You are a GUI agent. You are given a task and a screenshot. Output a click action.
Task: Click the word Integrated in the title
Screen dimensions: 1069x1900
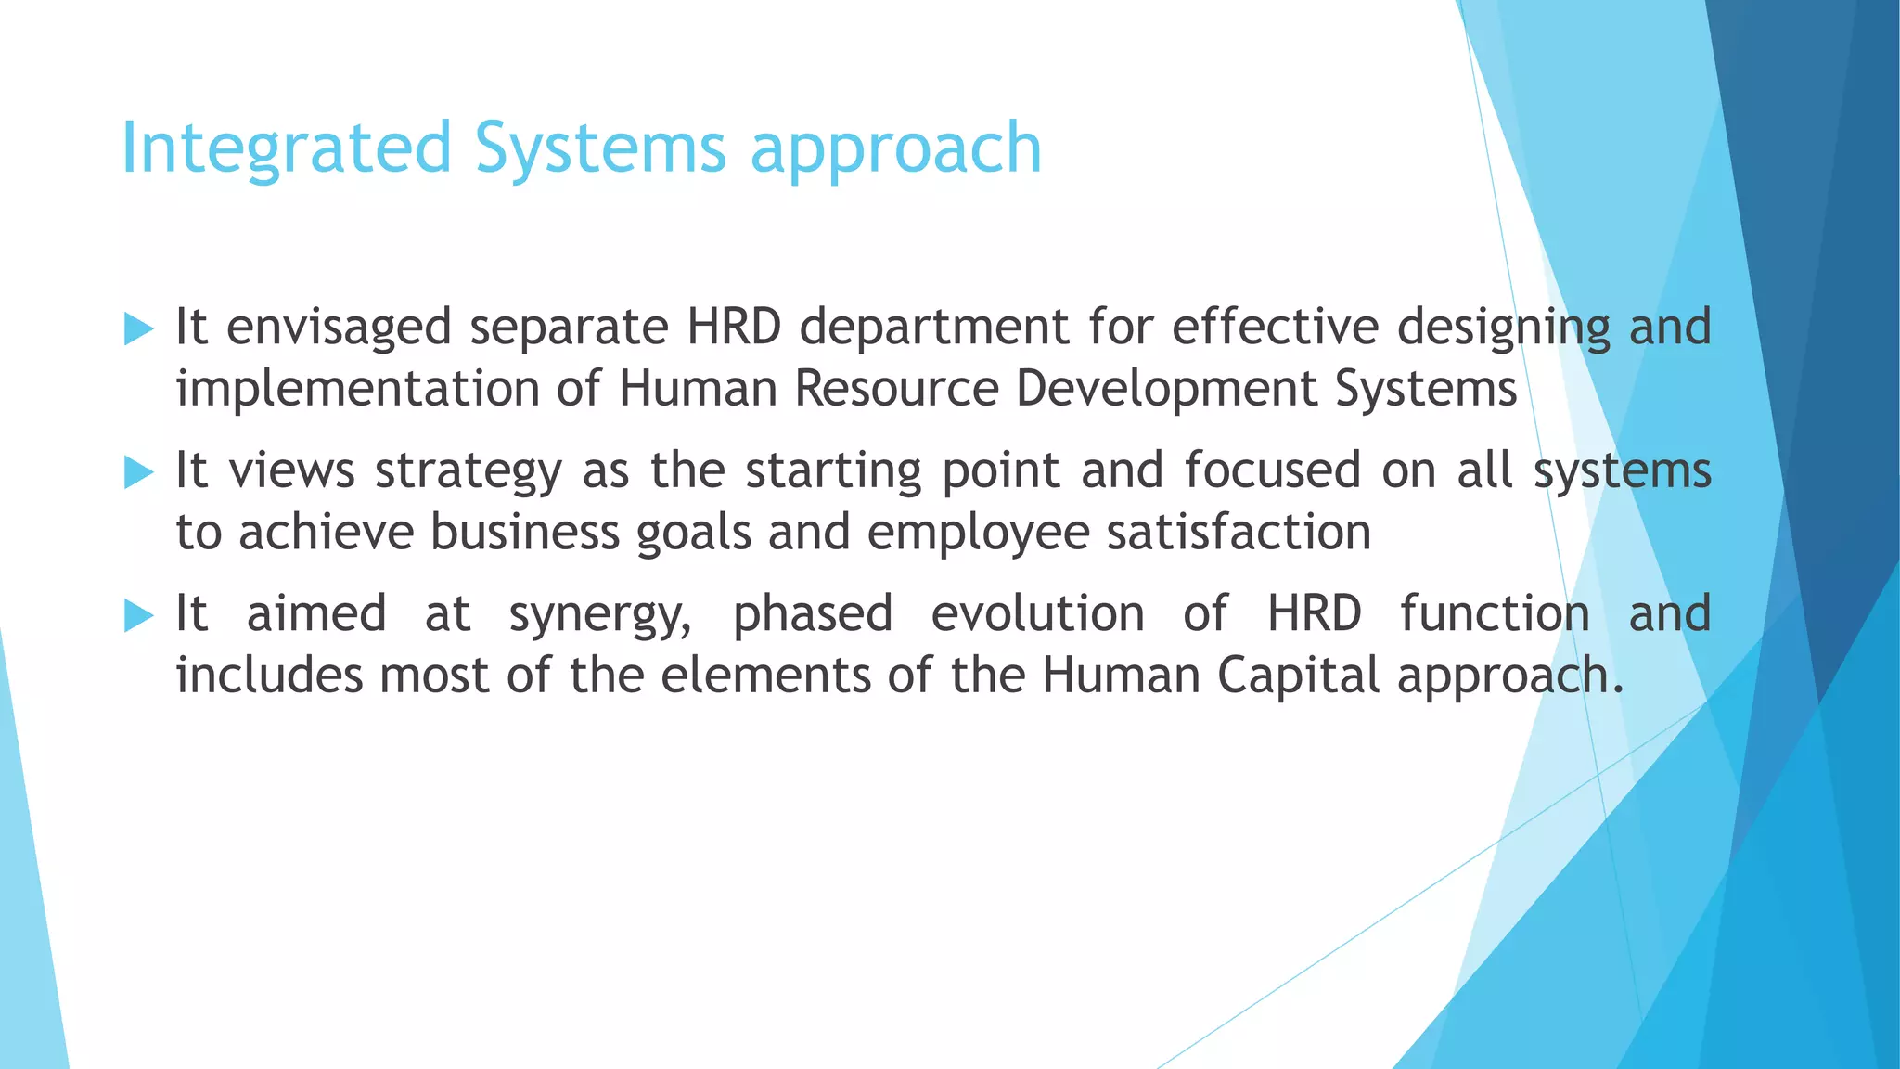287,148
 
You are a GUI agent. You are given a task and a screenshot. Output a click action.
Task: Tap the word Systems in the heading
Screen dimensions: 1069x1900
600,148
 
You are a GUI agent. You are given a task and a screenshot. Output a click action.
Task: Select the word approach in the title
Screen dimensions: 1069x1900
896,148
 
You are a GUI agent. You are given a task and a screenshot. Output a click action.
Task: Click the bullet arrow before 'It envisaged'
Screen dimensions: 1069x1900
138,328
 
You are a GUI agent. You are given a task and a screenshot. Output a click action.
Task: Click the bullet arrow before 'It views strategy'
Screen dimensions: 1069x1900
138,472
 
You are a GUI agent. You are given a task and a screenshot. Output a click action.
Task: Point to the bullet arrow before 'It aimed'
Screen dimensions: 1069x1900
138,615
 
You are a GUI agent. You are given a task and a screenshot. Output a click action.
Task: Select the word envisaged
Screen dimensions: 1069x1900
339,328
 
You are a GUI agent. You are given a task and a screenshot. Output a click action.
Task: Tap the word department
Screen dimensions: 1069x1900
934,328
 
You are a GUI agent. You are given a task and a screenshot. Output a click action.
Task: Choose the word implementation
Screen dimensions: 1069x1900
358,388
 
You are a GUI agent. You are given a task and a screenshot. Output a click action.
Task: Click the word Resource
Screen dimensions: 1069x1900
896,388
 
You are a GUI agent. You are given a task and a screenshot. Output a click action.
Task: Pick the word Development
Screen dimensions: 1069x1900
1166,388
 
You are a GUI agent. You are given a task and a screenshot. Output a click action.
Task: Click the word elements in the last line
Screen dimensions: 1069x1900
765,675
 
